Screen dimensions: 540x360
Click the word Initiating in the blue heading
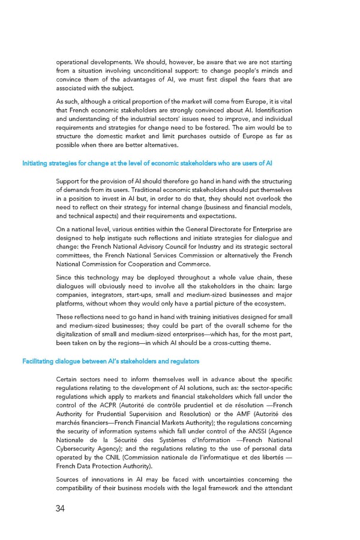(x=35, y=163)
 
